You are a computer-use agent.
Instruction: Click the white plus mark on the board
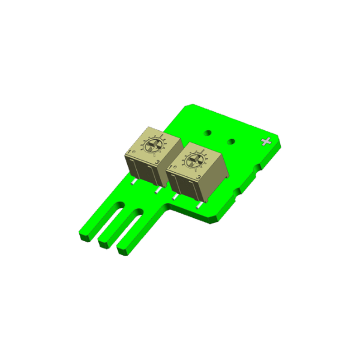pyautogui.click(x=266, y=142)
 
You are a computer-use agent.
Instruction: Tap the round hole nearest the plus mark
pyautogui.click(x=230, y=142)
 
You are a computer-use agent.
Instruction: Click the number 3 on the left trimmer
pyautogui.click(x=157, y=162)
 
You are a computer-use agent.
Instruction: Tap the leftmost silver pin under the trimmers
pyautogui.click(x=131, y=179)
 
